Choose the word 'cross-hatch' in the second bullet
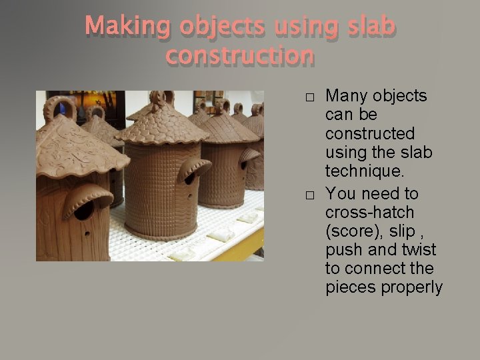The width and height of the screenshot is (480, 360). pyautogui.click(x=369, y=213)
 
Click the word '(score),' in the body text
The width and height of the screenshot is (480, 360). pyautogui.click(x=353, y=231)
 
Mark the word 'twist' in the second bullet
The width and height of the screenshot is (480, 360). pyautogui.click(x=417, y=250)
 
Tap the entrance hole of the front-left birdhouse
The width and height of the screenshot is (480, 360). pyautogui.click(x=84, y=209)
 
